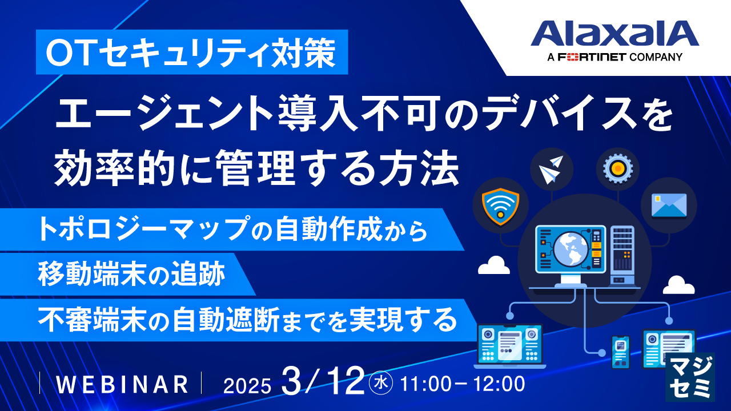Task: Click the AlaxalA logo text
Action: tap(615, 33)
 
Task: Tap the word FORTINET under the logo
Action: tap(592, 57)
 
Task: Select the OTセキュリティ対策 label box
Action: tap(192, 52)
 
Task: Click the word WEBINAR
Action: tap(122, 384)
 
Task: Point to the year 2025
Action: tap(247, 386)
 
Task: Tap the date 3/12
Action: tap(323, 381)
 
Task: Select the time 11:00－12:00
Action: tap(462, 384)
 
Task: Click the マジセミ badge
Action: tap(689, 377)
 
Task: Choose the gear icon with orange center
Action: tap(618, 168)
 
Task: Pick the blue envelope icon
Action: tap(669, 205)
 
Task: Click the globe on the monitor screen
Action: tap(571, 249)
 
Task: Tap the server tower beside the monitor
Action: tap(622, 255)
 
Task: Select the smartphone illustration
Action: tap(620, 352)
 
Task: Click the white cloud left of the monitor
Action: tap(494, 265)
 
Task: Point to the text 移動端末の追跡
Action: tap(131, 274)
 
